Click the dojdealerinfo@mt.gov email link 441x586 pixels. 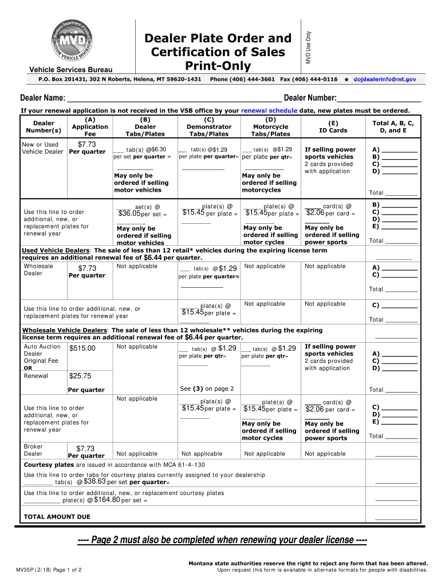(x=384, y=78)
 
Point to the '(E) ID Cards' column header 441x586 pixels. (x=333, y=126)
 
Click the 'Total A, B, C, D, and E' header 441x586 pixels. (x=393, y=126)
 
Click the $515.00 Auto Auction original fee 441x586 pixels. (x=82, y=349)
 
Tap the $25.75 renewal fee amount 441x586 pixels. (x=80, y=376)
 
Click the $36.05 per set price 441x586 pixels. (x=129, y=214)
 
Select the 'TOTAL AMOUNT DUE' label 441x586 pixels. (x=57, y=517)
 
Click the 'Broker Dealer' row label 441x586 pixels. (x=33, y=450)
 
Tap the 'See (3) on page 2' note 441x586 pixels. (x=207, y=389)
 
